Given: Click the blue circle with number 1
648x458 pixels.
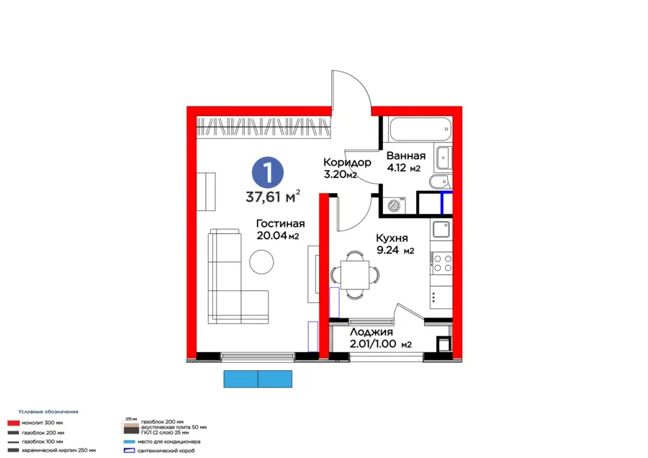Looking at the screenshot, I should [x=267, y=172].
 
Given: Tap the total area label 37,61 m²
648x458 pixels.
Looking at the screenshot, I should [x=273, y=197].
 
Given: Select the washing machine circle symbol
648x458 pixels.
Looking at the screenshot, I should [x=395, y=205].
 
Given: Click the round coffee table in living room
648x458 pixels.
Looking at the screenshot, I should [x=261, y=261].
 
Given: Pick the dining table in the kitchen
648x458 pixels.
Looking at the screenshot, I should [x=354, y=274].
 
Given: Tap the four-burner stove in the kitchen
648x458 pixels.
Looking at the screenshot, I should [x=441, y=264].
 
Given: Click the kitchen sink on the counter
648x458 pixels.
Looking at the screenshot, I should [x=441, y=231].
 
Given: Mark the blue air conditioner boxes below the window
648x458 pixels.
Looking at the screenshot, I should [x=258, y=379].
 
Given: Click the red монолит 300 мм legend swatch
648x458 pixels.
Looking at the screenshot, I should [x=12, y=423].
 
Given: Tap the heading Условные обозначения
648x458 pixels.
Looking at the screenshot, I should [x=48, y=411].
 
